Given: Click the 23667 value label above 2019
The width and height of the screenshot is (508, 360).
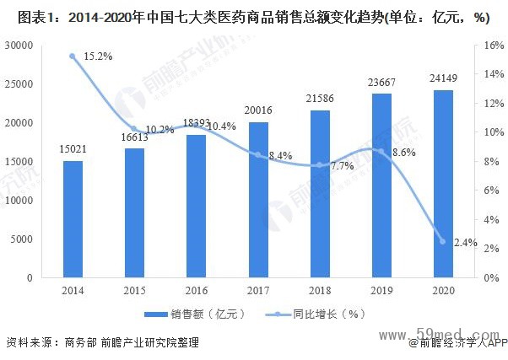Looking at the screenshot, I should pyautogui.click(x=381, y=83).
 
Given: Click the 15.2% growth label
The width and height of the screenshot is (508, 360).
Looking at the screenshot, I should pyautogui.click(x=98, y=56).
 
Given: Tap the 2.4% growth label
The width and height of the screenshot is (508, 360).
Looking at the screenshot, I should pyautogui.click(x=465, y=243).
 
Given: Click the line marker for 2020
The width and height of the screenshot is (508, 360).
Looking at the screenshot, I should pyautogui.click(x=442, y=242).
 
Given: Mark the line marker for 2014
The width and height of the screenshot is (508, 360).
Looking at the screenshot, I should pyautogui.click(x=73, y=56).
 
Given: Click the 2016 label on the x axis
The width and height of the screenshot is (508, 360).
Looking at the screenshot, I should pyautogui.click(x=196, y=290).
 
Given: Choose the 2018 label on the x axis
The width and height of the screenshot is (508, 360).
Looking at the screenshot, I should pyautogui.click(x=319, y=290).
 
